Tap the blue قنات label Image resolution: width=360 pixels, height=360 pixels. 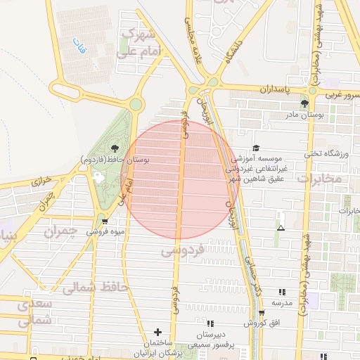(78, 47)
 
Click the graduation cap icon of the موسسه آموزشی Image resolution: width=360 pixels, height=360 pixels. (256, 148)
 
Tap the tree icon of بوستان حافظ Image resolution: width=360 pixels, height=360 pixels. (115, 148)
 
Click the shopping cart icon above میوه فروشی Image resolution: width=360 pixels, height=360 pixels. (105, 221)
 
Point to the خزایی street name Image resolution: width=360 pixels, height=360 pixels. (43, 181)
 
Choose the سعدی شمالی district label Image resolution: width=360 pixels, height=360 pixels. (34, 313)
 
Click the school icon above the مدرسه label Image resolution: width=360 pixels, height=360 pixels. (283, 292)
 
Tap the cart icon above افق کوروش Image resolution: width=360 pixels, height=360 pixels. (261, 313)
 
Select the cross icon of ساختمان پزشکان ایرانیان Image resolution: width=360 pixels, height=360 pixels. (157, 332)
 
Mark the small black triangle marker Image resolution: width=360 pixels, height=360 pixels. (281, 228)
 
